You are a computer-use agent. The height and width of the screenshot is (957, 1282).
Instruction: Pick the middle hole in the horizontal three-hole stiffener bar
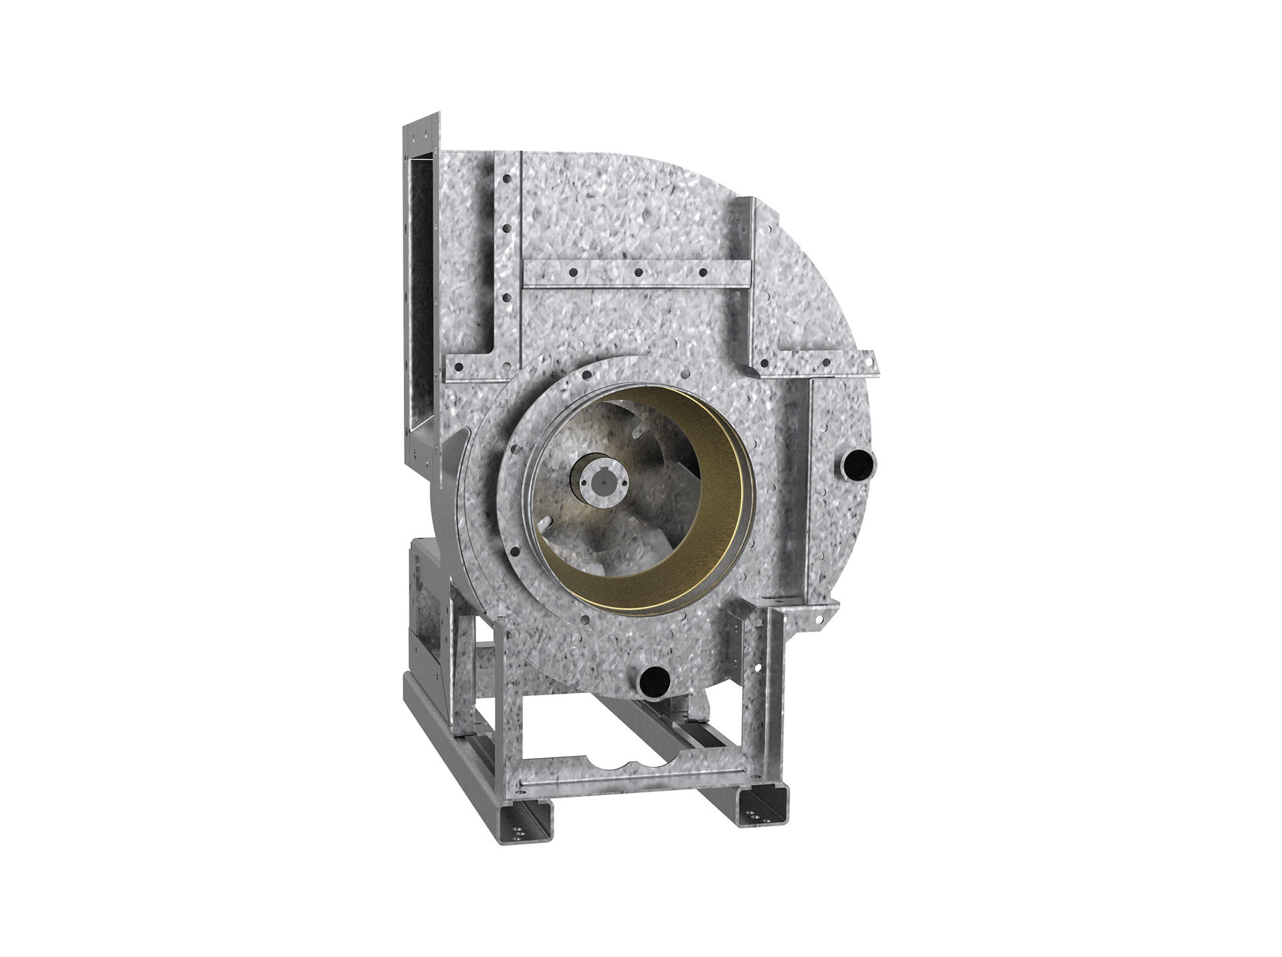pos(638,272)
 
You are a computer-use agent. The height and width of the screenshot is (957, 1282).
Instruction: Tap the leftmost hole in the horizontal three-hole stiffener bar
pos(572,272)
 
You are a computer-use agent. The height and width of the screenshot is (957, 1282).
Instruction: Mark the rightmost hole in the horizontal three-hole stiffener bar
pos(702,272)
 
